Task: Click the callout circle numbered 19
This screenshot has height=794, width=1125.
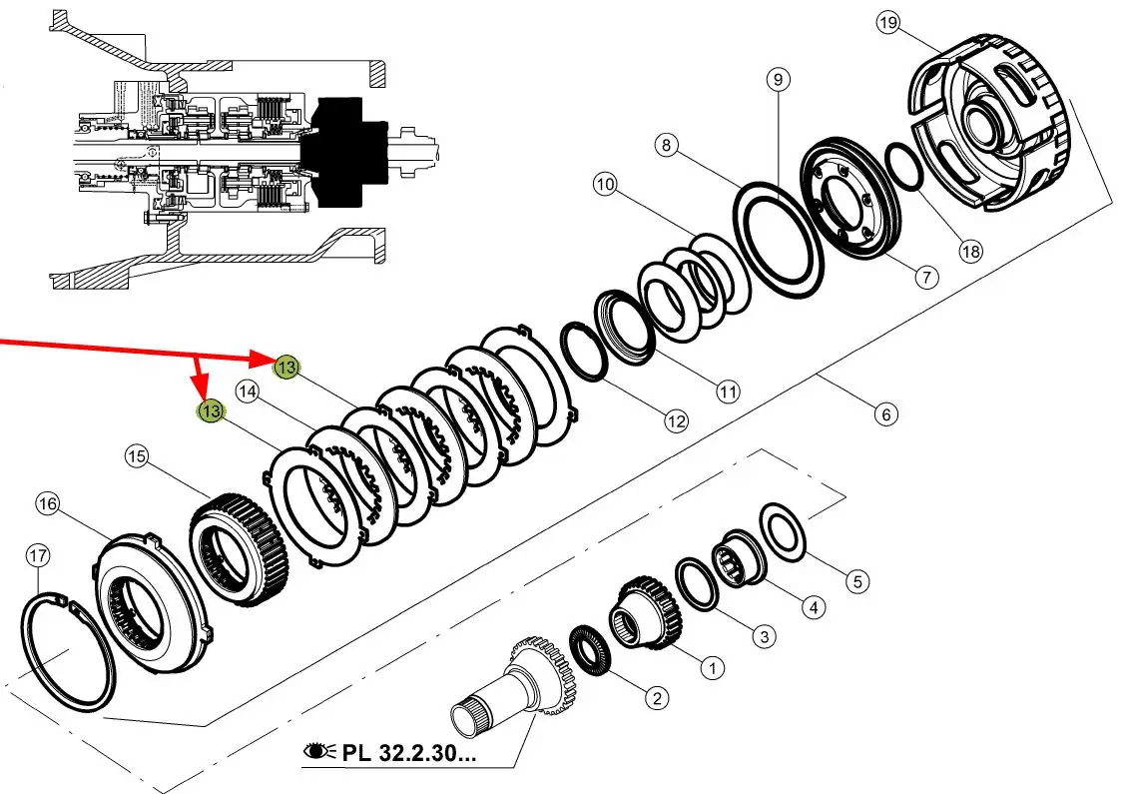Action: [887, 23]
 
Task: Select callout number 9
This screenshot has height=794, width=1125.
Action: [778, 79]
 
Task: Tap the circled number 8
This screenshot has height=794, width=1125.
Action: [667, 145]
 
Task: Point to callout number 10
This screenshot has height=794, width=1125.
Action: [606, 185]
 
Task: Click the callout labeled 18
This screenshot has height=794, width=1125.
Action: [970, 252]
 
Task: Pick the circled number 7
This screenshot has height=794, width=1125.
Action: [926, 277]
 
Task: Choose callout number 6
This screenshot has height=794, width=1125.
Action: [886, 414]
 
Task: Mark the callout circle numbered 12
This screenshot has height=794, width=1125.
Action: [676, 420]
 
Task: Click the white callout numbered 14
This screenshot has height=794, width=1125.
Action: [248, 392]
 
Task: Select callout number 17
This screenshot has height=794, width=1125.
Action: [38, 555]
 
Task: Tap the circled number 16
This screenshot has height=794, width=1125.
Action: [47, 504]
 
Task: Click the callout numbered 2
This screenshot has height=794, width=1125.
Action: [657, 697]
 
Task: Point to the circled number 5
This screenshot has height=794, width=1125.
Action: [857, 581]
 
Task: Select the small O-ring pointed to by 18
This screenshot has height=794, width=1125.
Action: [904, 167]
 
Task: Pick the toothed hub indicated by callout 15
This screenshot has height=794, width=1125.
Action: [239, 550]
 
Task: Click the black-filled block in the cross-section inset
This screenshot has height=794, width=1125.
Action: [341, 152]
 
